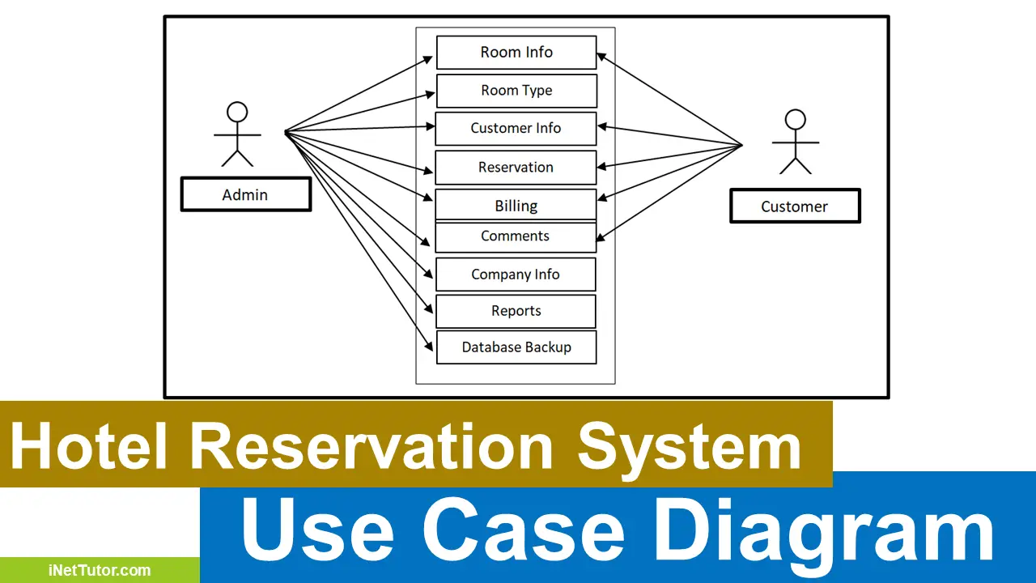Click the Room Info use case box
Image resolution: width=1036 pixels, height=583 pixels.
516,53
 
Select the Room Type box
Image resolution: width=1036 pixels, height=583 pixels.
516,91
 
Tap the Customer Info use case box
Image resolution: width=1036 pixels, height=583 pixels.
516,129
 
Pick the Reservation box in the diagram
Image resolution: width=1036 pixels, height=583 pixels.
516,168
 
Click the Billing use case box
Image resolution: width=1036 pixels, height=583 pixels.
516,205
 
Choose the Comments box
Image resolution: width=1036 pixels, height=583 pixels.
516,236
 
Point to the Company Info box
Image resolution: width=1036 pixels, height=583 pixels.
516,274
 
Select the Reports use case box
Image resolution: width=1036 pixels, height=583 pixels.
516,311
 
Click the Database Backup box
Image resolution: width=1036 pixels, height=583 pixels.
516,347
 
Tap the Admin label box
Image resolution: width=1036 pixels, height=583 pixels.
245,194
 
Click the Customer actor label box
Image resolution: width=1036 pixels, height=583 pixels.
794,206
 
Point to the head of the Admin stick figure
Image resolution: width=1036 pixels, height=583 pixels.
236,111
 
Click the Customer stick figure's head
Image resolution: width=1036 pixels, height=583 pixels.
796,120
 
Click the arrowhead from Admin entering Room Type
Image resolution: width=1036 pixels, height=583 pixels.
431,94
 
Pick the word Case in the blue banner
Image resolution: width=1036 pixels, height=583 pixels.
523,530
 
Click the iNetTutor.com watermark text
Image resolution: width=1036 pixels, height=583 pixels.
100,570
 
